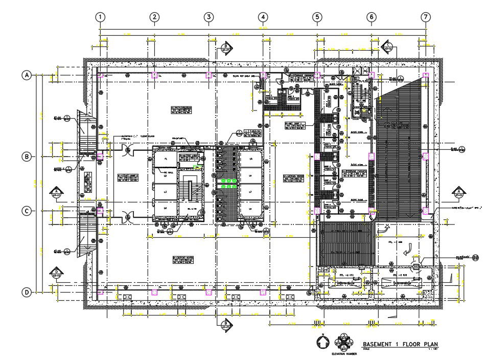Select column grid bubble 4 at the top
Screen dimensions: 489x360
(263, 17)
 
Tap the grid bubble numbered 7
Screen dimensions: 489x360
(425, 17)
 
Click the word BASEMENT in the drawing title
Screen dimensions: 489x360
(380, 344)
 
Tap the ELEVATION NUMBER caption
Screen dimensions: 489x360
(343, 354)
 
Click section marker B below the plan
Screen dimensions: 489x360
(225, 323)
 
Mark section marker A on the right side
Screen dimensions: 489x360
(458, 193)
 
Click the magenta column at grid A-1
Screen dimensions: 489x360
(101, 75)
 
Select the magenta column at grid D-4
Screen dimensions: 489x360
(263, 292)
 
